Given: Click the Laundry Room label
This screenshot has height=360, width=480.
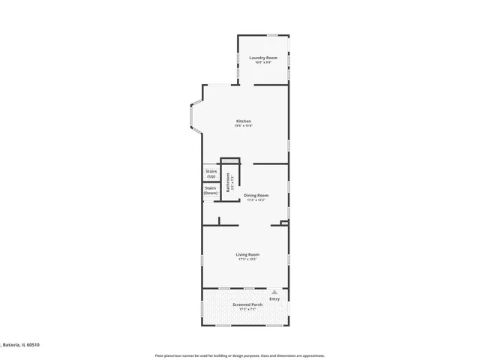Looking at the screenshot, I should pyautogui.click(x=263, y=58).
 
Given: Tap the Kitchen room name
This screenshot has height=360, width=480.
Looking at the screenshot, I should pyautogui.click(x=244, y=121).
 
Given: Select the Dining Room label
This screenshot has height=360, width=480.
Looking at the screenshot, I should pyautogui.click(x=256, y=195).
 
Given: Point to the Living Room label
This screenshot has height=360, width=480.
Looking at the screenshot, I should pyautogui.click(x=247, y=255).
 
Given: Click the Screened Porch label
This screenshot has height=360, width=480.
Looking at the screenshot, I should pyautogui.click(x=247, y=304).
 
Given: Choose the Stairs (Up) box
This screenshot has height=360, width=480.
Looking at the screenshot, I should pyautogui.click(x=211, y=173).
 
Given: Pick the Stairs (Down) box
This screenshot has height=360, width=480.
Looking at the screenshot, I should pyautogui.click(x=211, y=190).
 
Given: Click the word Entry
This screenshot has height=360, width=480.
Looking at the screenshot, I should pyautogui.click(x=274, y=299).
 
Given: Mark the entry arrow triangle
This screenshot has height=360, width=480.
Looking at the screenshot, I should pyautogui.click(x=274, y=292).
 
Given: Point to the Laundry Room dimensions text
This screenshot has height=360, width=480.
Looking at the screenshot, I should pyautogui.click(x=263, y=62).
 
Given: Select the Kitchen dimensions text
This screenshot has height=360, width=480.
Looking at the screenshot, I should pyautogui.click(x=244, y=125).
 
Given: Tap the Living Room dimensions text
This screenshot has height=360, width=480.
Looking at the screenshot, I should pyautogui.click(x=247, y=259).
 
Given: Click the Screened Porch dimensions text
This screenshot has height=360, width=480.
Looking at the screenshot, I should pyautogui.click(x=247, y=309).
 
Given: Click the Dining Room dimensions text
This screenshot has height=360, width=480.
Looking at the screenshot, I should pyautogui.click(x=256, y=199).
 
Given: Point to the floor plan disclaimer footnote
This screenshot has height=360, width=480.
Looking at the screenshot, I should pyautogui.click(x=239, y=355).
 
